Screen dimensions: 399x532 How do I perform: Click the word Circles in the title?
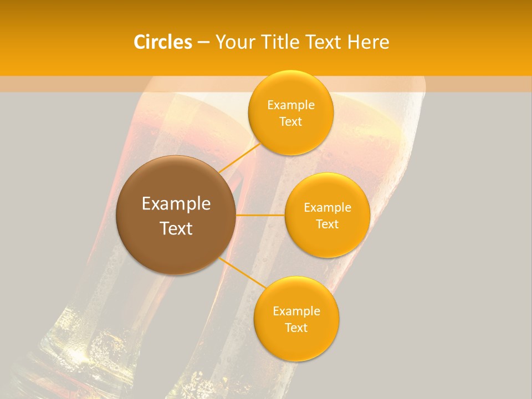[163, 42]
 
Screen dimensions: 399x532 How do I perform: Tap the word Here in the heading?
[369, 42]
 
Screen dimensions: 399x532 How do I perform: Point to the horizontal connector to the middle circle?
[260, 215]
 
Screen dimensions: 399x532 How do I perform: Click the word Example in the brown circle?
[176, 204]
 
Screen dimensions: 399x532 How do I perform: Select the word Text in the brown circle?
[176, 228]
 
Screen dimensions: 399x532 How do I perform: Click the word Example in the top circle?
[291, 105]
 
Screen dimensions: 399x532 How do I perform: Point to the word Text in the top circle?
[291, 122]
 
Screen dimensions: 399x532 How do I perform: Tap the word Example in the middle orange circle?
[328, 208]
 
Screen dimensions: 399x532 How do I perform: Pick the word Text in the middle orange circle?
[328, 224]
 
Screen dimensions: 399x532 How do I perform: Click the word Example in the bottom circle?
[296, 311]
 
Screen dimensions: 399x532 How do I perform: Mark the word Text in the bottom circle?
[296, 328]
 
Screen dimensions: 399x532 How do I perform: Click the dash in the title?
[203, 43]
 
